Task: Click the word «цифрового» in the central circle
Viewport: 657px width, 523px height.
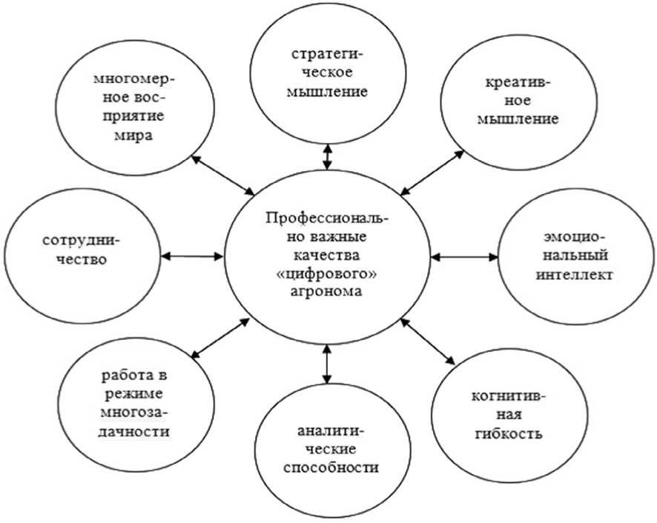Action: [327, 275]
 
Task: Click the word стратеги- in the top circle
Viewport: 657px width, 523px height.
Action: [326, 57]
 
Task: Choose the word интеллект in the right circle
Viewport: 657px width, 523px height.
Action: [576, 276]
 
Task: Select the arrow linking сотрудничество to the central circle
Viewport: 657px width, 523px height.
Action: [192, 256]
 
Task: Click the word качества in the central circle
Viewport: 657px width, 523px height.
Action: [327, 257]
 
